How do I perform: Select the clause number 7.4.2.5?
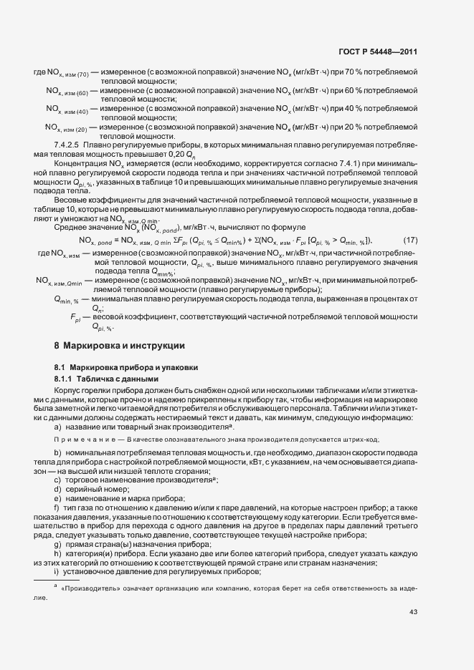click(68, 144)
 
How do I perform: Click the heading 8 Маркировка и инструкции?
click(114, 345)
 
